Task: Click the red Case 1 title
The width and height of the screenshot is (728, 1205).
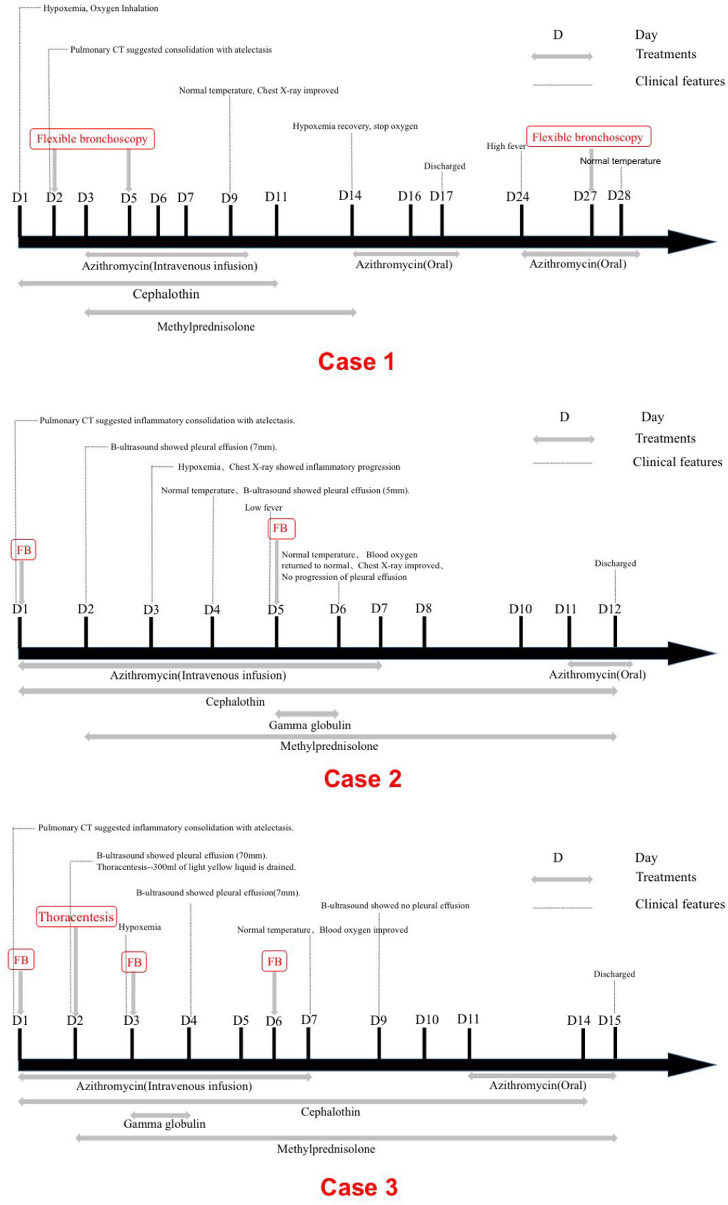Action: pos(356,362)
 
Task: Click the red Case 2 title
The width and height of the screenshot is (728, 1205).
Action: pos(362,778)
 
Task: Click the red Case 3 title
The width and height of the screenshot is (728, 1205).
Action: pos(359,1187)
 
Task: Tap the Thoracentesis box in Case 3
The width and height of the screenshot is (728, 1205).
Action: pos(76,916)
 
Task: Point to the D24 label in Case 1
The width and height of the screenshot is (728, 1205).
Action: pos(517,197)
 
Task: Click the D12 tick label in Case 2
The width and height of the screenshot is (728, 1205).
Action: pos(609,609)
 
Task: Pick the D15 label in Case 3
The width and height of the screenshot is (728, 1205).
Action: pos(609,1020)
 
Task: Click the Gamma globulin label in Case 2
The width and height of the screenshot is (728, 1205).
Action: pos(309,725)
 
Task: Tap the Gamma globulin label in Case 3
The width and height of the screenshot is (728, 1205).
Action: pos(164,1123)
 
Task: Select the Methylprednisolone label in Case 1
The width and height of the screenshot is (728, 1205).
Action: pos(206,327)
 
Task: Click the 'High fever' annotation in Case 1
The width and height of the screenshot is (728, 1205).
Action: pos(506,146)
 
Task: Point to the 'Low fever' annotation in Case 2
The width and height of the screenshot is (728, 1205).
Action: pos(263,508)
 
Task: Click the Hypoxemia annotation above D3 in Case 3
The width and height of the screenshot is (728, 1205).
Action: pos(139,927)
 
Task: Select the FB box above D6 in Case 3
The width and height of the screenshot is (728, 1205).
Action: pos(274,962)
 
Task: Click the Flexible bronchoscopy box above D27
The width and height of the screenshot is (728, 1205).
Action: pos(588,138)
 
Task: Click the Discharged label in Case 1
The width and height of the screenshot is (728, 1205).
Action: pos(444,166)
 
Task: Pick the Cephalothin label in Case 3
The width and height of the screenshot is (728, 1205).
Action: pos(330,1112)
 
